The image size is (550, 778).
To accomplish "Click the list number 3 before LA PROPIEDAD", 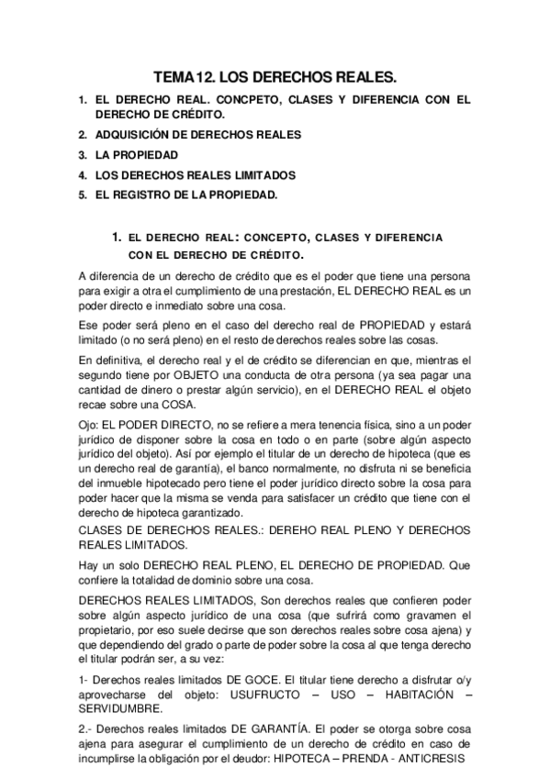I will [x=82, y=155].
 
